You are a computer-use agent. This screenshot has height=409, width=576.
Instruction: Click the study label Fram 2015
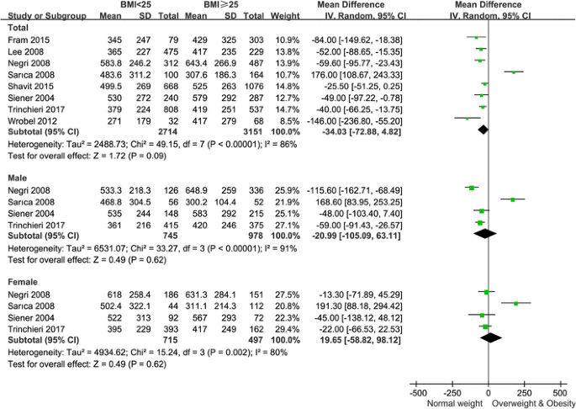coord(24,39)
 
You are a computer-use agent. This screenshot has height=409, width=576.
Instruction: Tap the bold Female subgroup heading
coord(21,279)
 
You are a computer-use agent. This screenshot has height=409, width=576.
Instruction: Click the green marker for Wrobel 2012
coord(468,119)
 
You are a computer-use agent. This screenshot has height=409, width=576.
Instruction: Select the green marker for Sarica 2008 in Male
coord(512,199)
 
